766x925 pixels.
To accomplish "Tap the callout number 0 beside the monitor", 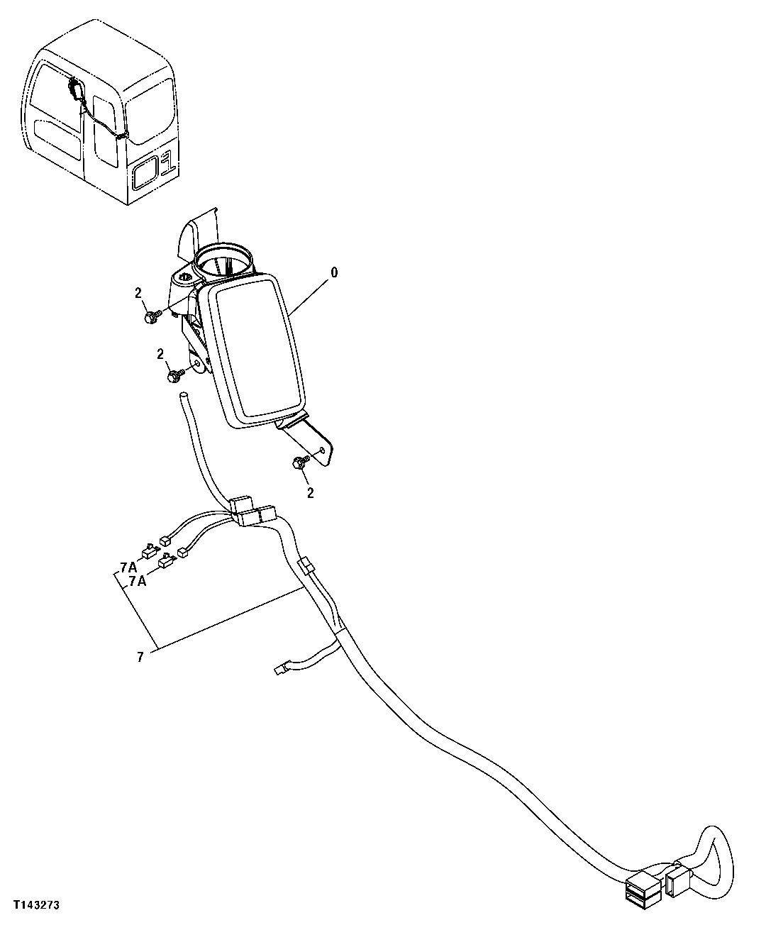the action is coord(334,272).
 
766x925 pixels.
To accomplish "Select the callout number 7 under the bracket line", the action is coord(140,658).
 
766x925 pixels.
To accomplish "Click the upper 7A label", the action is coord(128,567).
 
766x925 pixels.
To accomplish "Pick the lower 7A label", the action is coord(138,581).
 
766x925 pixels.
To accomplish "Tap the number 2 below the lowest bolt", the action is coord(310,492).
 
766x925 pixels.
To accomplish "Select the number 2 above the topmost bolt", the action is coord(138,293).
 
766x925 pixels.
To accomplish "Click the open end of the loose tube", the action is coord(184,394).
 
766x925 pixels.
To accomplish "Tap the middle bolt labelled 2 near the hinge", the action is coord(174,377).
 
